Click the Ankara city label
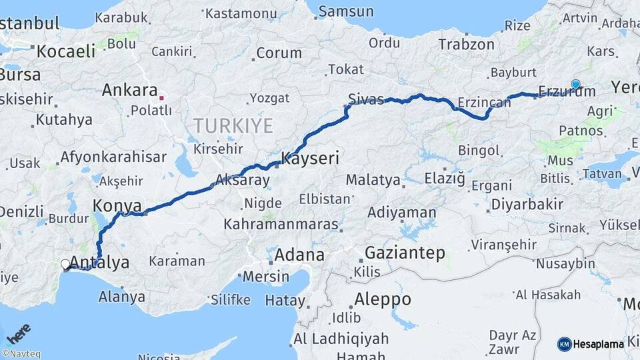tap(129, 90)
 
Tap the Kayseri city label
tap(311, 159)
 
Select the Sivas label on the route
tap(366, 100)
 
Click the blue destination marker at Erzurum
tap(575, 84)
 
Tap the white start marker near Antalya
tap(65, 264)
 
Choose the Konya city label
tap(117, 205)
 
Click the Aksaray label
tap(243, 181)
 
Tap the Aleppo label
tap(383, 298)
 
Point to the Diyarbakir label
tap(526, 205)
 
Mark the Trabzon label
tap(466, 45)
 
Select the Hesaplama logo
tap(591, 344)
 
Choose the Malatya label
tap(373, 180)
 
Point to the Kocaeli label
tap(66, 51)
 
